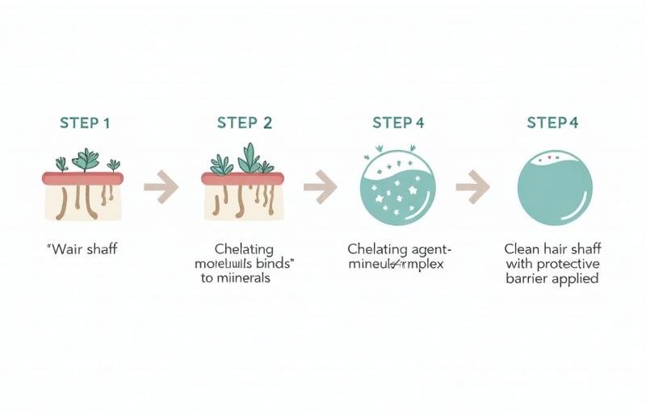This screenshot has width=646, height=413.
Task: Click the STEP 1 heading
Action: click(x=84, y=123)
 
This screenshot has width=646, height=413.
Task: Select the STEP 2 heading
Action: click(x=244, y=123)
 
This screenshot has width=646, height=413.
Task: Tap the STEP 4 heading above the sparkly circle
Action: click(x=397, y=123)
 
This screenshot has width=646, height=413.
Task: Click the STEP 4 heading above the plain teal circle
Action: click(x=552, y=123)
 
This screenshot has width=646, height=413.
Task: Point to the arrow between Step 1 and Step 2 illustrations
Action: click(x=161, y=187)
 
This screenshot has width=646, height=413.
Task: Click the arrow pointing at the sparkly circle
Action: click(x=321, y=187)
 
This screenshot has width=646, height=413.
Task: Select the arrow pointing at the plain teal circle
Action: click(x=472, y=187)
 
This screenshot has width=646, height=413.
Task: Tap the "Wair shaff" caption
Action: click(x=83, y=248)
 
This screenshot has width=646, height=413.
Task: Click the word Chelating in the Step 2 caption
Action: click(x=244, y=249)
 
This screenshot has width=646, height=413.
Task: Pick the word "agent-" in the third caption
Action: click(x=431, y=249)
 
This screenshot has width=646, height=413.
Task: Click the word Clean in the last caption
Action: click(x=522, y=249)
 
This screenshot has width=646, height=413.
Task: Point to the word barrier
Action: click(x=526, y=278)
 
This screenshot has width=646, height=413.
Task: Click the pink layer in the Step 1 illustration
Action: click(x=84, y=177)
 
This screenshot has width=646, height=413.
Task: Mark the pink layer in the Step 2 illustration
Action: click(x=242, y=177)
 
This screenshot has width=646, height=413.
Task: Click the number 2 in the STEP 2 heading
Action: click(x=266, y=123)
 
